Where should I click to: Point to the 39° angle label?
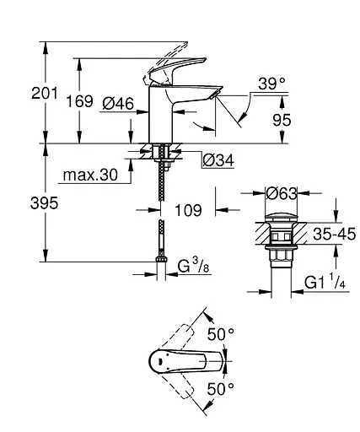(271, 83)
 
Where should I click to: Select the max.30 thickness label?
(89, 176)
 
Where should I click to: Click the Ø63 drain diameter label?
(279, 194)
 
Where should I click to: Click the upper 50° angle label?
(221, 334)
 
